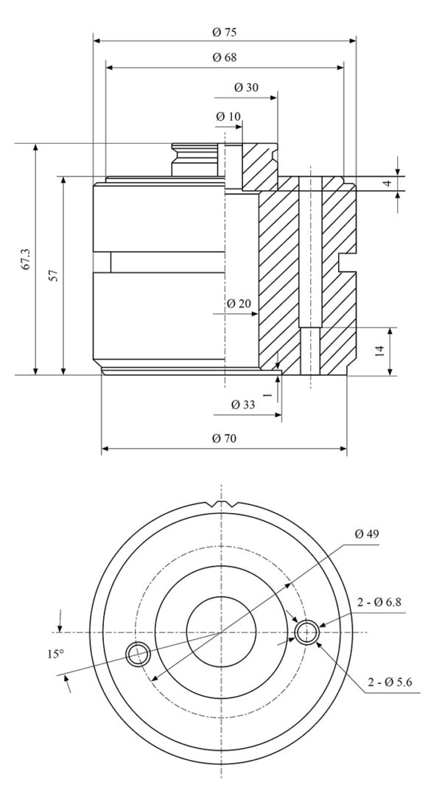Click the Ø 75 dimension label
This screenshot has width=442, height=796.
tap(225, 32)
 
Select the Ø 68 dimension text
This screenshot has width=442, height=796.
tap(225, 57)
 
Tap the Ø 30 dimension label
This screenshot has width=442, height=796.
tap(246, 87)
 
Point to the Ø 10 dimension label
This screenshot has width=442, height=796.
tap(228, 116)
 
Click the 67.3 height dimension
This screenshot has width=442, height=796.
tap(26, 259)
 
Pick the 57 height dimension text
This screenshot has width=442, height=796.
tap(54, 276)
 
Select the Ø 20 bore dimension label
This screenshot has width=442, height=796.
tap(239, 304)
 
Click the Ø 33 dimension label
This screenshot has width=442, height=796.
tap(243, 405)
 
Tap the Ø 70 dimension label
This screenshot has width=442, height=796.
tap(224, 438)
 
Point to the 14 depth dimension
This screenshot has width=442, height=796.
tap(379, 351)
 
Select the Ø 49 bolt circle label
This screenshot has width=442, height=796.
tap(366, 534)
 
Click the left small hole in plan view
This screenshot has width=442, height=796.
tap(137, 654)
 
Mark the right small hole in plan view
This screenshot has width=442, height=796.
tap(306, 632)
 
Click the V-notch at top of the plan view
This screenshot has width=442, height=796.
tap(221, 505)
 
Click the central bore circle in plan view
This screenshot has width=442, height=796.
tap(221, 632)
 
